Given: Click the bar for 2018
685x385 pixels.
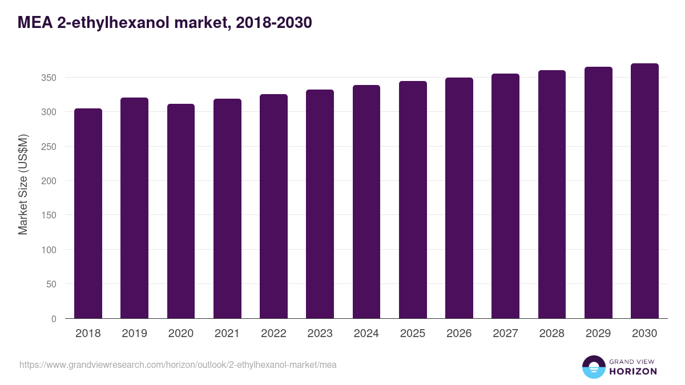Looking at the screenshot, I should [88, 214].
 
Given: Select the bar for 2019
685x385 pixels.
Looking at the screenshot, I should [134, 208].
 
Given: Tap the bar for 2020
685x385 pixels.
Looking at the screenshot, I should [181, 211].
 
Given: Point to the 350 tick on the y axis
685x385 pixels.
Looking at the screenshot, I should [49, 78].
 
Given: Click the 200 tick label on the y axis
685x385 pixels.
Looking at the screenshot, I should [49, 181].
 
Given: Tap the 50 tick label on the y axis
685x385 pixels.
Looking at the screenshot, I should [51, 284].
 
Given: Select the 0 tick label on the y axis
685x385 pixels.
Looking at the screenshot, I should [54, 319].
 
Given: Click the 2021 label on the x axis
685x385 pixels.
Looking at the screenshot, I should [227, 334].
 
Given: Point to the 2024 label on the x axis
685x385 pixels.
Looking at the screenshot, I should [366, 334].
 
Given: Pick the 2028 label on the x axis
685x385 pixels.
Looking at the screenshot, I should [551, 334].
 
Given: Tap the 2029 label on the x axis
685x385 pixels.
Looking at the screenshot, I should [598, 334].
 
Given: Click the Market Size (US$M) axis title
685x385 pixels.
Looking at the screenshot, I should [23, 184].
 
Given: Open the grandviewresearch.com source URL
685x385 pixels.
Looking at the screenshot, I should [178, 364].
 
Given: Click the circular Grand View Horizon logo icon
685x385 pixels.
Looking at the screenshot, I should [593, 367].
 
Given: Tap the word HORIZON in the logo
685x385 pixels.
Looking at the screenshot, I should [633, 371].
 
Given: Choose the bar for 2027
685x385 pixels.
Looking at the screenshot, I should [505, 196].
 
